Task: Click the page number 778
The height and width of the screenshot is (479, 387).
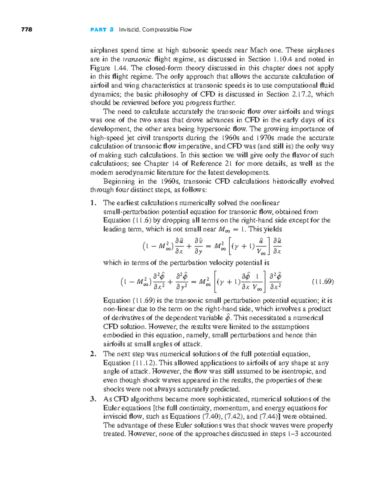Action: (x=26, y=30)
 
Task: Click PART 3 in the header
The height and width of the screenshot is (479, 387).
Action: (x=102, y=30)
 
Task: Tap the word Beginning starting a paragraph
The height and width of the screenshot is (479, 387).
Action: (x=119, y=181)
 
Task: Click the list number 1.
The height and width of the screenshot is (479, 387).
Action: (x=93, y=203)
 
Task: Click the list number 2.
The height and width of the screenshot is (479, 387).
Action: (x=93, y=354)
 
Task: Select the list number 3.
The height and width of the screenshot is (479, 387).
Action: (x=93, y=399)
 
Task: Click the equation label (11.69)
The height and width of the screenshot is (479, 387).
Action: (x=322, y=282)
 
